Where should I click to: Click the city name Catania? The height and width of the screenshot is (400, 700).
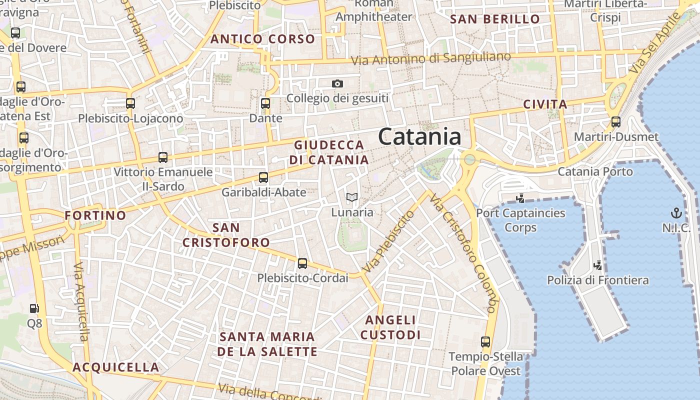(x=419, y=136)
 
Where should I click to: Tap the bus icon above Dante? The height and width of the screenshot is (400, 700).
(x=265, y=104)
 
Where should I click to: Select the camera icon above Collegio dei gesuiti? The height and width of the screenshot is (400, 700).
(x=337, y=83)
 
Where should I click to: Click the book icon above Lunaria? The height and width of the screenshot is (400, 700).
(x=352, y=197)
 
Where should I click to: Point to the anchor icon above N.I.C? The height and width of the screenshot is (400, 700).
(x=676, y=213)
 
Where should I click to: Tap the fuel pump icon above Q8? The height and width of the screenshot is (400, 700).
(x=34, y=309)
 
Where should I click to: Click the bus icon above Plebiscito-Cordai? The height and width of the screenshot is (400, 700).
(x=302, y=263)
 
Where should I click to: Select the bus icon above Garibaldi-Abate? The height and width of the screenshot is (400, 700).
(x=263, y=177)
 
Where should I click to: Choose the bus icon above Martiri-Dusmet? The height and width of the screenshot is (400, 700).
(x=616, y=122)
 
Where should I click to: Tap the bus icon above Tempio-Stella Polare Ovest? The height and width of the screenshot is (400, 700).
(x=485, y=342)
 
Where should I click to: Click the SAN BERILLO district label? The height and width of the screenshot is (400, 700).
(x=495, y=19)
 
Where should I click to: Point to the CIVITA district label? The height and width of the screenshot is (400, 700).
(x=545, y=104)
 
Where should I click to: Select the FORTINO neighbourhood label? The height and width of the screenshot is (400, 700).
(x=95, y=215)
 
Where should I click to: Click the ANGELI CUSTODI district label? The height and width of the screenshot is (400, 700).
(x=391, y=327)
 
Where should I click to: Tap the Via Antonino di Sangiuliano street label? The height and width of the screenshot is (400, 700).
(x=430, y=58)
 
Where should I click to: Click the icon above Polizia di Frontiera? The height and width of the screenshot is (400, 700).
(x=597, y=265)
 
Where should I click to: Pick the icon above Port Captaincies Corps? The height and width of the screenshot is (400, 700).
(x=520, y=198)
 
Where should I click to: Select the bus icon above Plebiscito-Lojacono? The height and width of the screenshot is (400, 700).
(x=130, y=104)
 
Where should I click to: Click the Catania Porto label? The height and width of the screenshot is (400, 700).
(x=595, y=171)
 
